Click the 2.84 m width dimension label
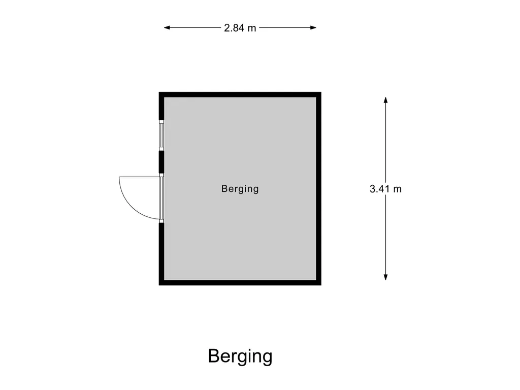[240, 28]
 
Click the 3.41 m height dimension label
[385, 189]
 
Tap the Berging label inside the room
[240, 189]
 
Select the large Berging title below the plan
[240, 356]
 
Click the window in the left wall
[161, 135]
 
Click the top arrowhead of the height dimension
[385, 100]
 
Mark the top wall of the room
[240, 94]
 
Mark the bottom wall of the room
[240, 283]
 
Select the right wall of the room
[319, 189]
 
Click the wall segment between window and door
[161, 161]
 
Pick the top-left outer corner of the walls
[159, 92]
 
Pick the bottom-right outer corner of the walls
[321, 285]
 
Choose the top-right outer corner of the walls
[321, 92]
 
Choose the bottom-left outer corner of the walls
[159, 285]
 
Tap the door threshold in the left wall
[161, 198]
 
